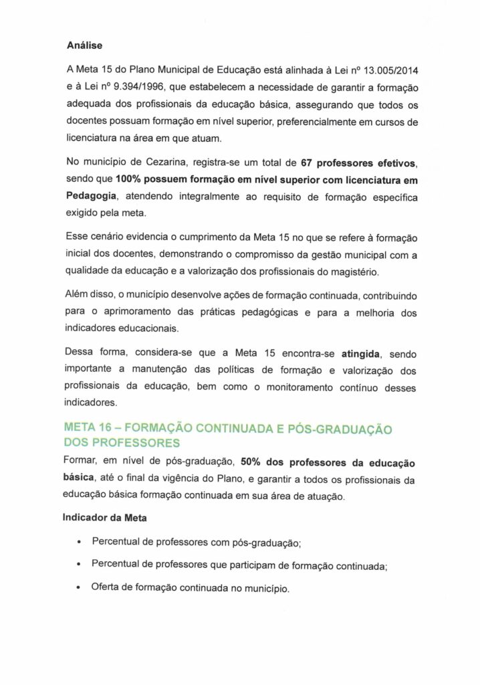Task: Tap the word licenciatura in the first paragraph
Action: [92, 140]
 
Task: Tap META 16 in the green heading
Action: [90, 427]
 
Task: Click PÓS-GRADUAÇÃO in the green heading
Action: [344, 427]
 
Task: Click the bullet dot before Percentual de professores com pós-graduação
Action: [80, 541]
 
